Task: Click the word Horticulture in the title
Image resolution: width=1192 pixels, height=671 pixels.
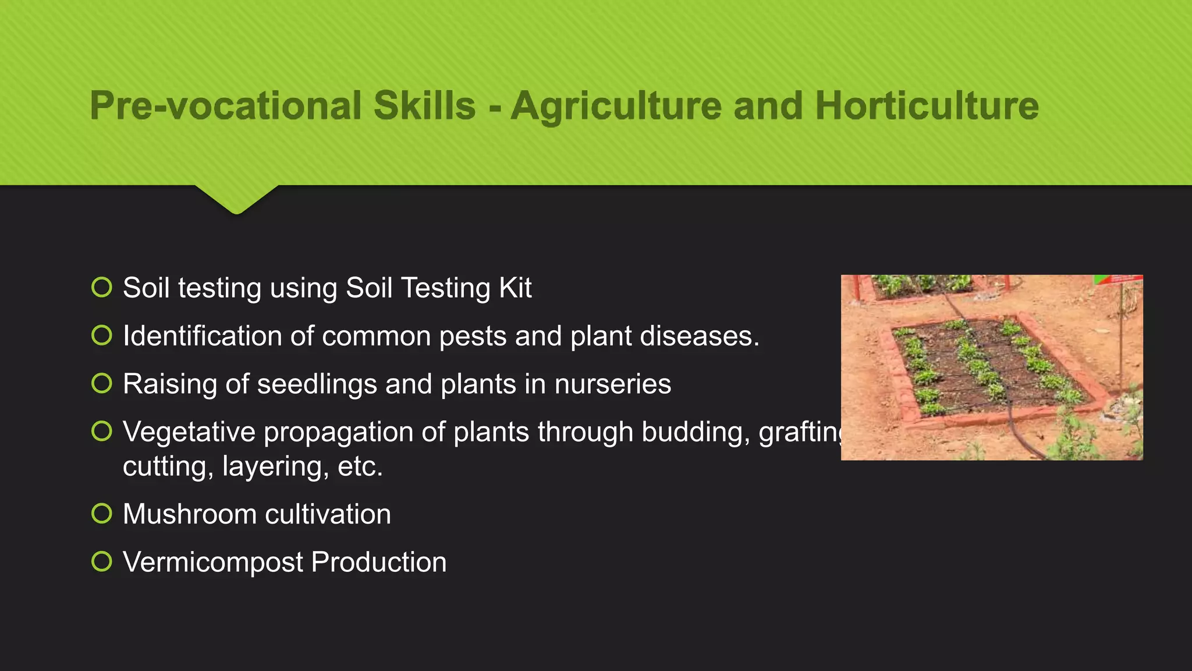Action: click(927, 106)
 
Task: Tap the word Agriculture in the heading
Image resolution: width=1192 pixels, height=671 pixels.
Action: click(616, 106)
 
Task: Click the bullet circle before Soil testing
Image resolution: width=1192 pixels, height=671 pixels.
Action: click(102, 287)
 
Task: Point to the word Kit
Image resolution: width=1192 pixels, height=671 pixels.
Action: click(515, 288)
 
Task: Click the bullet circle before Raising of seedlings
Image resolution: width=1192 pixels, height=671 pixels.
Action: click(102, 383)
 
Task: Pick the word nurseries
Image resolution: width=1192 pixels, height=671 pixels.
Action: click(612, 384)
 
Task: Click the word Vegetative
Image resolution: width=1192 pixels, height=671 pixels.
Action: click(189, 432)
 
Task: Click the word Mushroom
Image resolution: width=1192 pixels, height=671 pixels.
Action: click(190, 514)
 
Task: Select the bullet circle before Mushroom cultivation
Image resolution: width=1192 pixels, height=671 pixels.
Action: click(102, 514)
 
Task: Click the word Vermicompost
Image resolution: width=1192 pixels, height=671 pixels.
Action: click(213, 563)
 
